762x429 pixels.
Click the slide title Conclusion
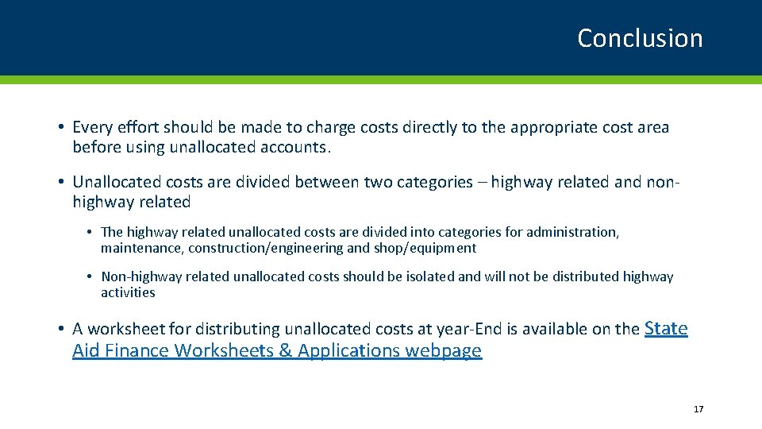640,38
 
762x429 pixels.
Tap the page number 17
698,409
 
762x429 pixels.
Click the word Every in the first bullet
92,127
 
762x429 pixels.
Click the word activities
128,292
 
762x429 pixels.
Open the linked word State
666,327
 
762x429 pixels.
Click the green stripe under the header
381,79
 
